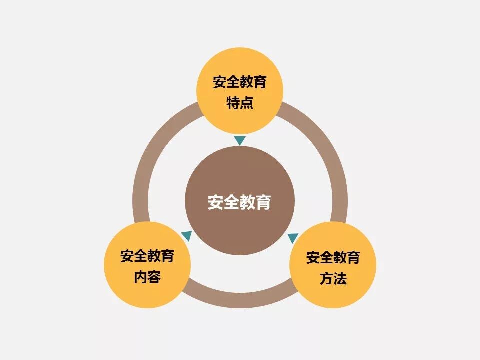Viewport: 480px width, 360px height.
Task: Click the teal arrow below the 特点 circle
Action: [x=240, y=141]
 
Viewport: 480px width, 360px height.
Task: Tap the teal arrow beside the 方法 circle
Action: [x=293, y=238]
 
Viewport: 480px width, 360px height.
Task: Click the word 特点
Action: [x=240, y=103]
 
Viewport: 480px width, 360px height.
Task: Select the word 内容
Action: [x=147, y=277]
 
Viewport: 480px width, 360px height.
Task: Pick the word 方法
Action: [x=333, y=278]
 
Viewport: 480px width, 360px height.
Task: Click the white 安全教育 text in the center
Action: [x=240, y=202]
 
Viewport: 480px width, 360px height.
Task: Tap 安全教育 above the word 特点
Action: [x=240, y=82]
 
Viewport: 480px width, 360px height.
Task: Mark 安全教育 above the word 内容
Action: [x=147, y=256]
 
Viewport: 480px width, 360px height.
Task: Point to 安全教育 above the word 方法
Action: [x=333, y=258]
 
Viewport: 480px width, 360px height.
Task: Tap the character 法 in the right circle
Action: [x=340, y=278]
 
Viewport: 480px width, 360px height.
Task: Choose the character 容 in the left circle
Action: [x=154, y=277]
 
